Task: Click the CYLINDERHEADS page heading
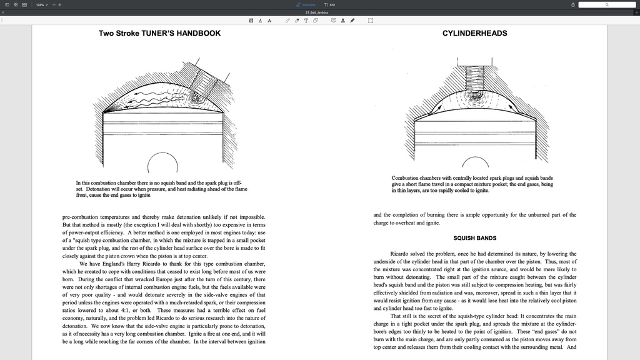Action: click(x=474, y=33)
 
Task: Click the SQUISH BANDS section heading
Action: click(x=474, y=238)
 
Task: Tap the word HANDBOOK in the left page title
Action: click(x=198, y=33)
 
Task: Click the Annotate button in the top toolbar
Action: click(x=306, y=5)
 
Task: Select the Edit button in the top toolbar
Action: click(x=329, y=5)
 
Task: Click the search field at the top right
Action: click(x=606, y=5)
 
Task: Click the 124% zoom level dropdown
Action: click(x=41, y=5)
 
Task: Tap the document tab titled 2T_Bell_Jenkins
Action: click(x=317, y=12)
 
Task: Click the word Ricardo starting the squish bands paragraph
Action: click(x=399, y=254)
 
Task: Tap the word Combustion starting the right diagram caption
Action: click(x=406, y=178)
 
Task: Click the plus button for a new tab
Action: click(x=636, y=12)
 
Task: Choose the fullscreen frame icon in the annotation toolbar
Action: click(x=371, y=21)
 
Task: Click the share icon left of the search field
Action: click(x=573, y=5)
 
